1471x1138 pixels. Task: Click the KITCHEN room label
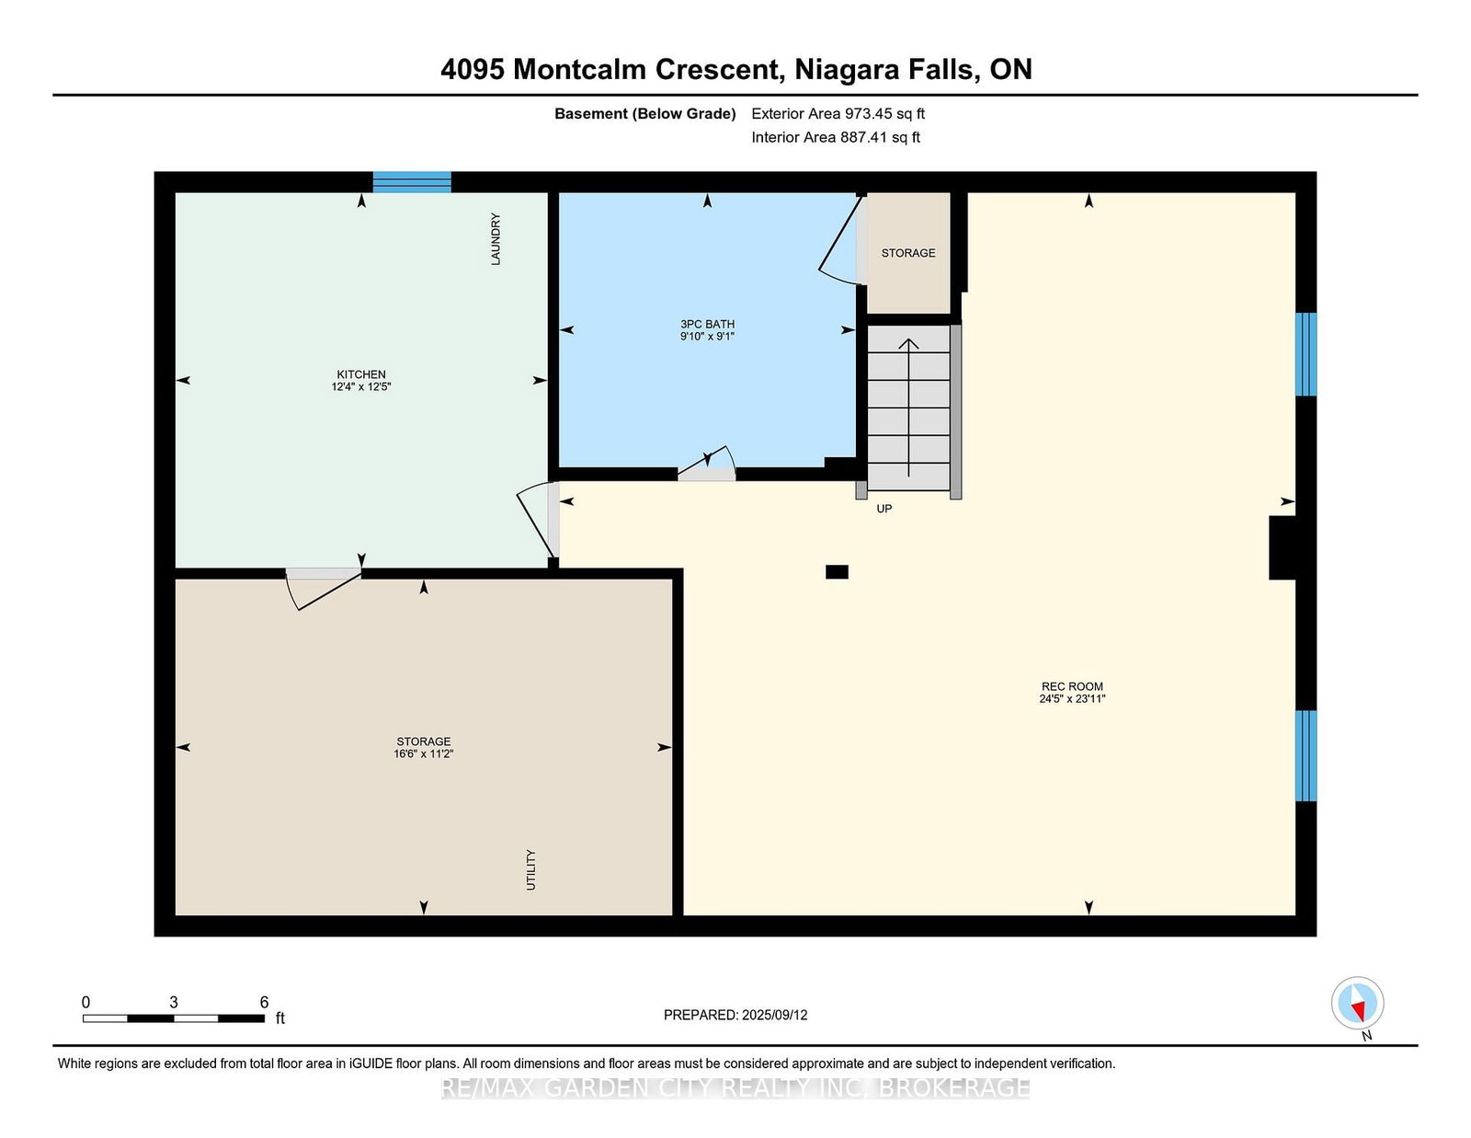point(360,374)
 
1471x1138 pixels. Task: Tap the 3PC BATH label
point(707,324)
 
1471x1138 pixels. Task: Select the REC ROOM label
point(1072,686)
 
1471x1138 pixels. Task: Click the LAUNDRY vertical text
point(496,238)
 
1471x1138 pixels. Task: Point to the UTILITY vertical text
point(530,869)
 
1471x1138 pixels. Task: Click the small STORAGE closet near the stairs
point(908,253)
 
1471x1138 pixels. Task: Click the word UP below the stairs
point(884,509)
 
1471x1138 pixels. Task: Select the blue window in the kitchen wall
point(412,181)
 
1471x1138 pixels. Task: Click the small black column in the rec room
point(837,571)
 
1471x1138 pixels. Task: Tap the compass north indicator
point(1357,1004)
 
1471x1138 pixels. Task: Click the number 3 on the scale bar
point(173,1003)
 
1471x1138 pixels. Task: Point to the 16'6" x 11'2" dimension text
point(423,753)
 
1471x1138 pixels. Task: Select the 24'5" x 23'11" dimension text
point(1072,698)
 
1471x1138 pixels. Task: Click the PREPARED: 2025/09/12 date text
point(735,1015)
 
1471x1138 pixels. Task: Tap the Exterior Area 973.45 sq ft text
point(838,114)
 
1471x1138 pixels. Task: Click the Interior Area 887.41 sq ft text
point(836,137)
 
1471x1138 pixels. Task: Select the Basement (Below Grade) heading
point(645,114)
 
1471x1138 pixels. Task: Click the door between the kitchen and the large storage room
point(323,588)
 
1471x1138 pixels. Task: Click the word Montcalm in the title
point(579,69)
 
